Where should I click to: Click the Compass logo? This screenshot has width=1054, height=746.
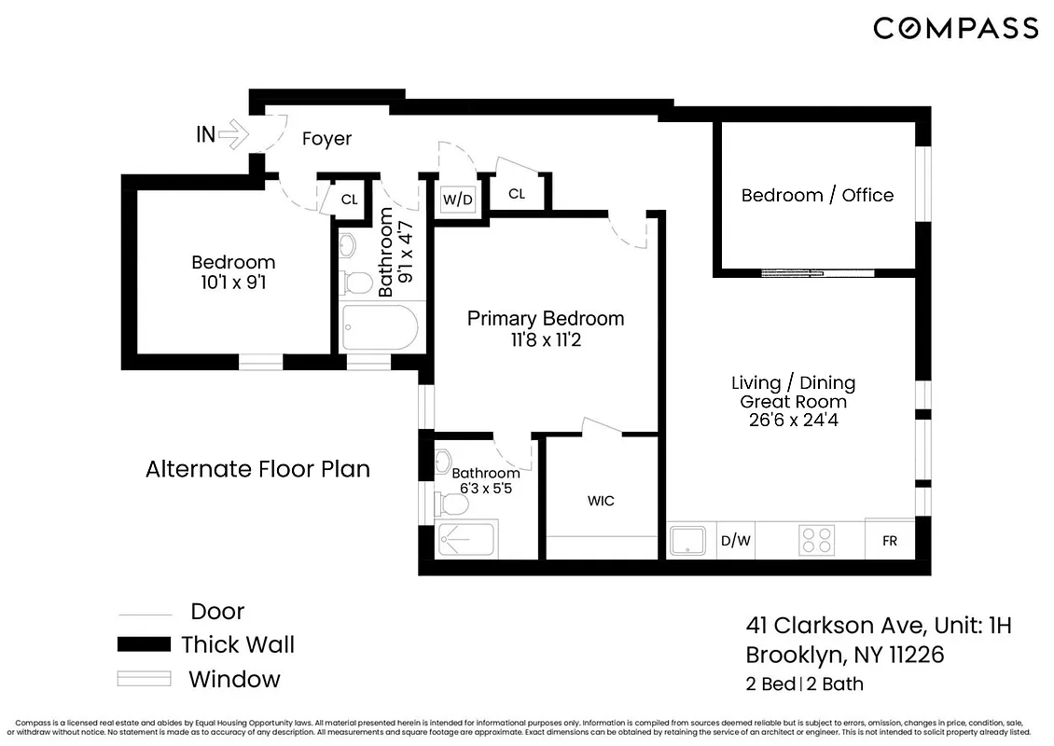point(955,28)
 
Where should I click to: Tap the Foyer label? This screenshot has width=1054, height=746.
point(326,139)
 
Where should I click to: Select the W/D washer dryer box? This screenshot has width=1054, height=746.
point(457,199)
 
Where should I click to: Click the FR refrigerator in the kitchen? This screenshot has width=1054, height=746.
point(889,540)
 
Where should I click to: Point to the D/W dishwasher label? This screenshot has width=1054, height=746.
point(736,540)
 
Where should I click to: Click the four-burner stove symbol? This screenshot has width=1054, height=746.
point(817,540)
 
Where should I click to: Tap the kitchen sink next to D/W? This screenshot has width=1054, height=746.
point(688,540)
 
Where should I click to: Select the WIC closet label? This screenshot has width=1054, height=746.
point(601,501)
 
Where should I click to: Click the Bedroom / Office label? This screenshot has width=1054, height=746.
point(817,195)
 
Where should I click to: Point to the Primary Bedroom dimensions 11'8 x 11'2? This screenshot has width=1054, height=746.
point(546,340)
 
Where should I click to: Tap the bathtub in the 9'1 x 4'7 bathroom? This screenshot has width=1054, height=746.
point(379,328)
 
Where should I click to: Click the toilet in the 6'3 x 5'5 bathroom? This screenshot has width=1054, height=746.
point(453,504)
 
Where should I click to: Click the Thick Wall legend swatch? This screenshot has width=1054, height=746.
point(144,644)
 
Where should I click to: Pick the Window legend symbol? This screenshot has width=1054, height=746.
point(144,679)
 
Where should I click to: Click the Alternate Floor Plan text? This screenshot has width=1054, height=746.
point(257,469)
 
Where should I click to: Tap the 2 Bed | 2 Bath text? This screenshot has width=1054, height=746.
point(804,684)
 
